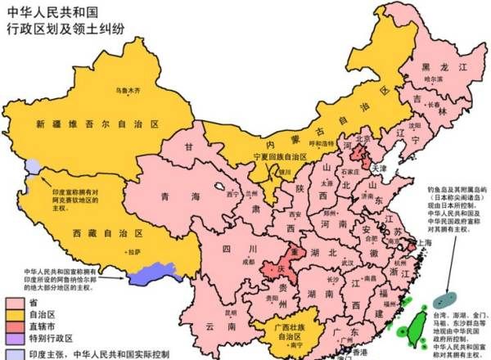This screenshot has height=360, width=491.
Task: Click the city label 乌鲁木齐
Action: [x=128, y=88]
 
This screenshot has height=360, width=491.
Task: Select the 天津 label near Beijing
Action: [x=379, y=167]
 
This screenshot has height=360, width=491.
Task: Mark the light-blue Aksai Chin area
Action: [x=32, y=166]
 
